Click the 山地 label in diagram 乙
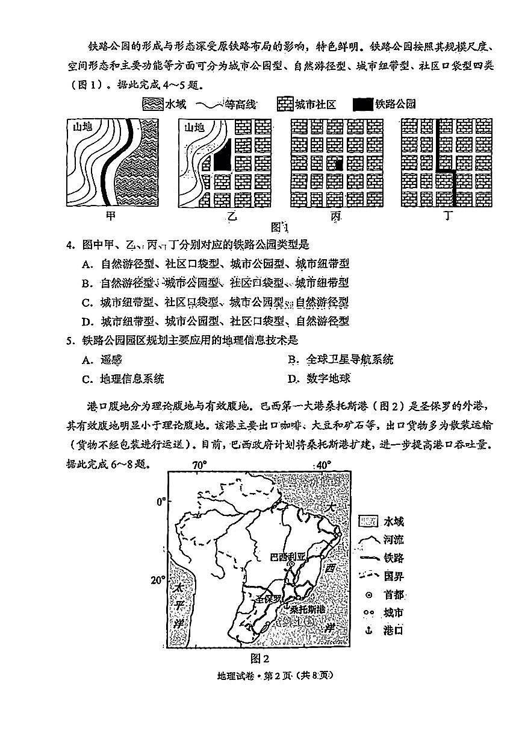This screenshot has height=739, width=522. [194, 127]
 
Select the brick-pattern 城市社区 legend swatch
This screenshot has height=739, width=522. [284, 104]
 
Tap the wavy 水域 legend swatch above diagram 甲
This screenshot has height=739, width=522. [153, 104]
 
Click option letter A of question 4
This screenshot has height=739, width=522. [87, 264]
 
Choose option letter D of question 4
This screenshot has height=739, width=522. [87, 321]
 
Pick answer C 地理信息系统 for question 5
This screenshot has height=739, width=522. [123, 379]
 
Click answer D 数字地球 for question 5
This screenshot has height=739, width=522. [318, 379]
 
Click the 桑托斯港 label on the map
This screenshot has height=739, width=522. [307, 609]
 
